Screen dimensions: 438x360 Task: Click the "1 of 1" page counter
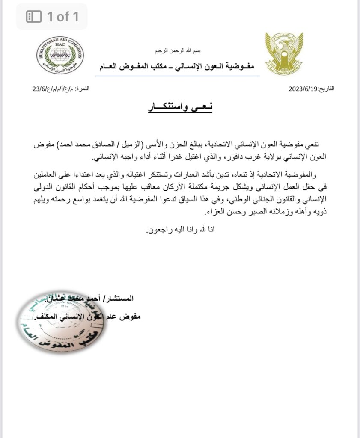pos(62,17)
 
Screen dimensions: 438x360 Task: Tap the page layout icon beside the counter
pos(34,17)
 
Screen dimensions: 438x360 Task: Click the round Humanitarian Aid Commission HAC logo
pos(60,55)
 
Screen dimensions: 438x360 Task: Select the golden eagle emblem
pos(284,53)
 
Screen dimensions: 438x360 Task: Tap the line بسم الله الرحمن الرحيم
pos(178,51)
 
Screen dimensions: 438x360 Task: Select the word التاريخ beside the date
pos(326,89)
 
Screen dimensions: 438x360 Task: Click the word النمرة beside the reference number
pos(83,89)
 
